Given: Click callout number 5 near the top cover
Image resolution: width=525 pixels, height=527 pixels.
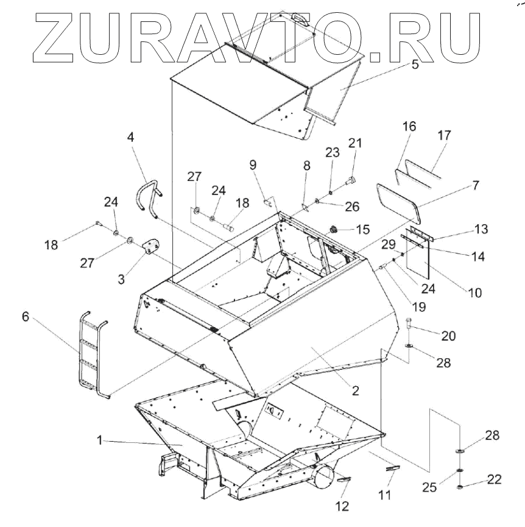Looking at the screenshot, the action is click(x=415, y=65).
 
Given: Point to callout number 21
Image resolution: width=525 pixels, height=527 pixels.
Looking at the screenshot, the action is click(x=355, y=143).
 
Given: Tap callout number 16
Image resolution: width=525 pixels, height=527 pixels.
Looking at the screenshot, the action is click(x=409, y=127).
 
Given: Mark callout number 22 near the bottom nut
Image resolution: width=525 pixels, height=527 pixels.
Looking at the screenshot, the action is click(x=495, y=480).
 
